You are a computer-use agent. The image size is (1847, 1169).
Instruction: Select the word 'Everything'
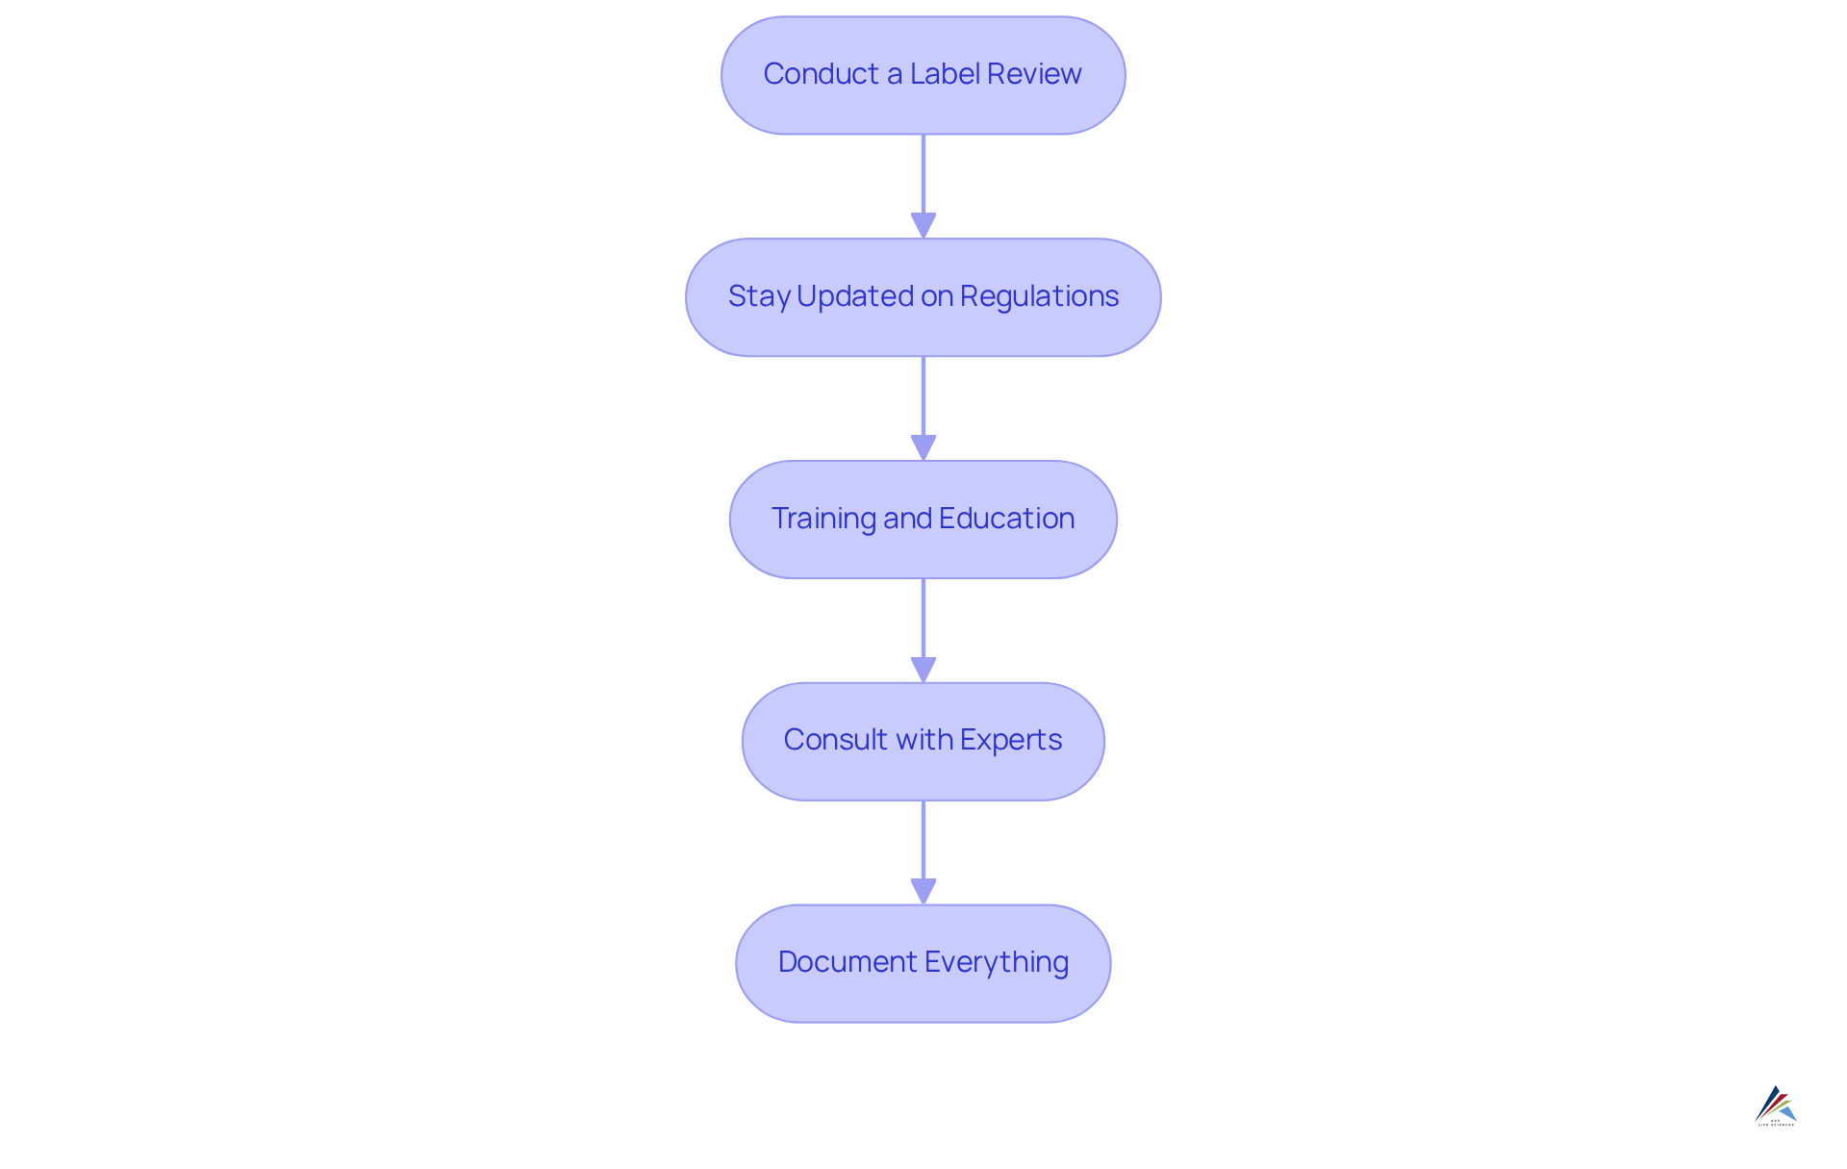(x=997, y=962)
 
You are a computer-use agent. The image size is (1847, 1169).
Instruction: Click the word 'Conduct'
(x=821, y=74)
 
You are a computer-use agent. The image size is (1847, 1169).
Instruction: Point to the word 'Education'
(x=1006, y=519)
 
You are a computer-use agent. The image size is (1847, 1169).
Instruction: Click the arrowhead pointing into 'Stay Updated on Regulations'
(x=923, y=225)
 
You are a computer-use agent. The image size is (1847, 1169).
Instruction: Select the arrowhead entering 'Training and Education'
(x=923, y=447)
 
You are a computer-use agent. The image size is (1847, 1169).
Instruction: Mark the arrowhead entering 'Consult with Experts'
(x=923, y=670)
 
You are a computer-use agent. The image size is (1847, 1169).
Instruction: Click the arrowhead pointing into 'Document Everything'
(x=923, y=891)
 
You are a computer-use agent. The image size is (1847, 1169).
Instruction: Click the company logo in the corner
(x=1776, y=1105)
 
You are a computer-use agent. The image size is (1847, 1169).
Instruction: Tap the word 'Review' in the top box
(x=1034, y=74)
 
